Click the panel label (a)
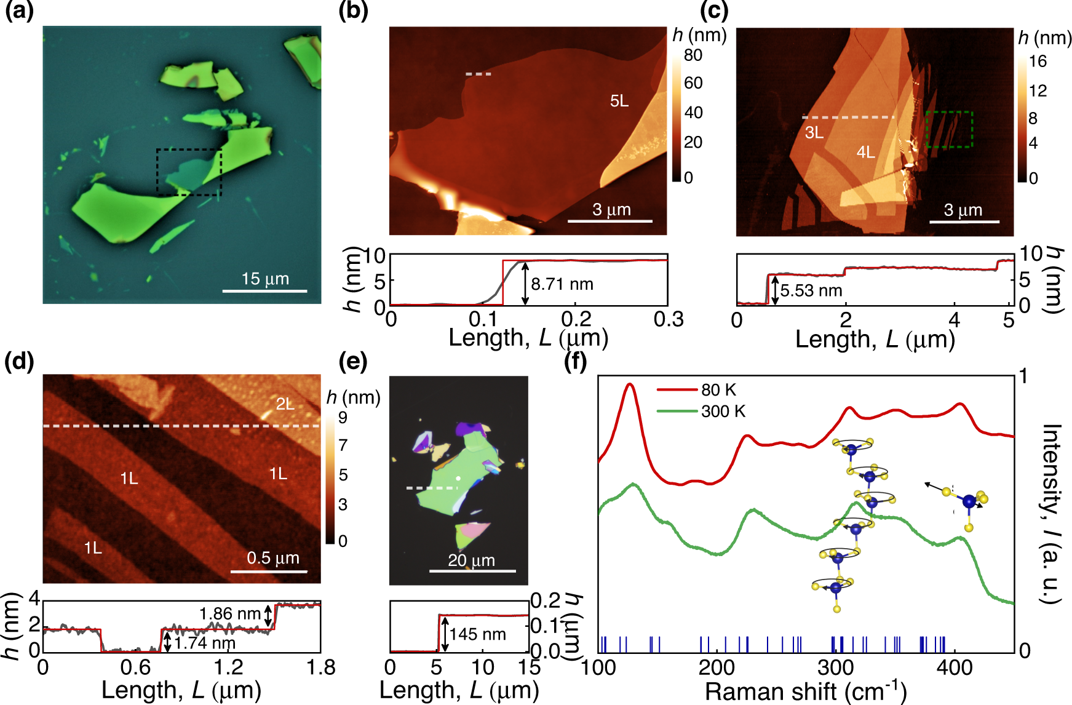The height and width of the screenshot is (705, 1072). (x=19, y=12)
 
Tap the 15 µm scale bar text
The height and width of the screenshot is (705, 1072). (x=265, y=279)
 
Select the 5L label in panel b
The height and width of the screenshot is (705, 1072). (x=619, y=101)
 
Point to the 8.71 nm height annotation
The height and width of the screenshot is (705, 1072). (x=562, y=284)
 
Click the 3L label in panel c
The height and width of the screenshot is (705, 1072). (x=814, y=132)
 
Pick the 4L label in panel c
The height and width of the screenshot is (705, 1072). (x=866, y=152)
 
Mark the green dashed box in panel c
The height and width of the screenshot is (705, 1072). (x=949, y=130)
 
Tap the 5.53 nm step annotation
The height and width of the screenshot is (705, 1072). (x=811, y=290)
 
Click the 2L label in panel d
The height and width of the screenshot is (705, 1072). (x=285, y=404)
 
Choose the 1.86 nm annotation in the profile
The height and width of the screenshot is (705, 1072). (x=229, y=614)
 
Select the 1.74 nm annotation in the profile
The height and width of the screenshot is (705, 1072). (x=205, y=643)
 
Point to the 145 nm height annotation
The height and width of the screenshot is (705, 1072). (x=477, y=634)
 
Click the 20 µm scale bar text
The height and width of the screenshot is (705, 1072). (x=471, y=560)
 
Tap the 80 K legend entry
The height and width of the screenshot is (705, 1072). (x=718, y=390)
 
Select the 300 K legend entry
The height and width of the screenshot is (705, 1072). (x=723, y=411)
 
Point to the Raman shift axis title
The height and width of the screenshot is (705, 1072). (x=805, y=691)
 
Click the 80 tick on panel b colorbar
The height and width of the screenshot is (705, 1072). (x=693, y=55)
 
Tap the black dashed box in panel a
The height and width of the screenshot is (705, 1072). (x=189, y=172)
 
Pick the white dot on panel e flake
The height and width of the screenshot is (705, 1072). (x=458, y=478)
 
